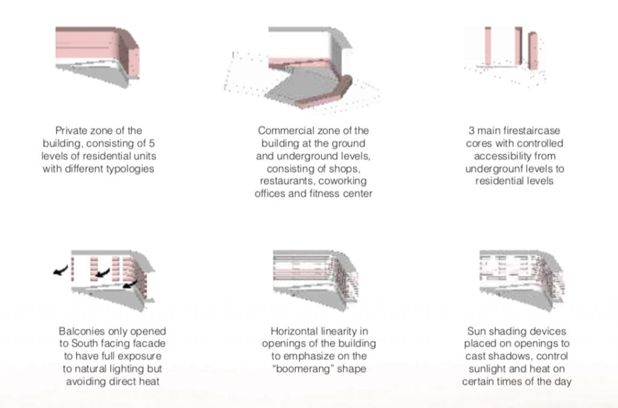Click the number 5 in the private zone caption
point(151,143)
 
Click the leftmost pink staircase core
point(488,46)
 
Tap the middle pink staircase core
point(518,46)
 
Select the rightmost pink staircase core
point(533,51)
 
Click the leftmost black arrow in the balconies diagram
point(61,270)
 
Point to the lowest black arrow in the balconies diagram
point(130,284)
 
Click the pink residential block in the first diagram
point(97,49)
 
